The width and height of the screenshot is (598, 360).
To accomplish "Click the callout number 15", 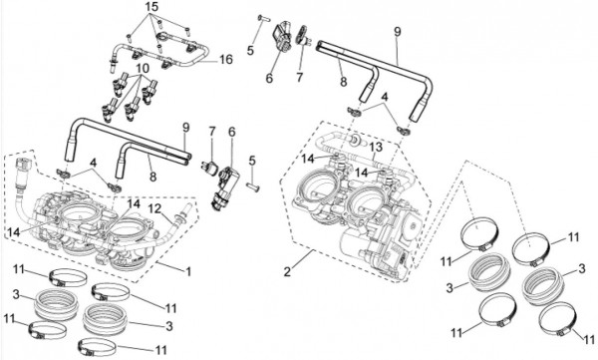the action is (x=151, y=7).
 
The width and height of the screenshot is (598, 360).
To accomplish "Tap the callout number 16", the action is (x=225, y=59).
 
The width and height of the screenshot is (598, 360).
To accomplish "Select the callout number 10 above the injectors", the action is (x=143, y=69).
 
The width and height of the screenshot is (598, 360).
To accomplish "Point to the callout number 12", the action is (x=155, y=208).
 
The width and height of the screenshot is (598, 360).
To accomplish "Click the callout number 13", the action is (x=375, y=147).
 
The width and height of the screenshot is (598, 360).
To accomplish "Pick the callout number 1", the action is (x=188, y=271).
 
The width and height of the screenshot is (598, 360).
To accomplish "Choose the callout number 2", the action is (x=287, y=271).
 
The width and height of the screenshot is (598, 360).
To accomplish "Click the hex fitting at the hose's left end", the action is (x=23, y=165).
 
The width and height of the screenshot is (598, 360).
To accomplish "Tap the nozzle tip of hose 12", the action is (x=187, y=208).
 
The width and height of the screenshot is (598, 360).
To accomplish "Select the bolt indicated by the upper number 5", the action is (x=263, y=17).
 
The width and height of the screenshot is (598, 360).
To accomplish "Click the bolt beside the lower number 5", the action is (x=252, y=186).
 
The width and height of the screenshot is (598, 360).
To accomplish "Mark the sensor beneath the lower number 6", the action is (x=226, y=187).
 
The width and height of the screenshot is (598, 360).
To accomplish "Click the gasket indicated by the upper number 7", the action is (x=302, y=35).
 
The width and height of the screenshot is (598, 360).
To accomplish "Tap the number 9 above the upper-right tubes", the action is (x=398, y=32).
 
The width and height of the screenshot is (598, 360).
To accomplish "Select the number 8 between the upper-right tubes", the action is (x=343, y=81).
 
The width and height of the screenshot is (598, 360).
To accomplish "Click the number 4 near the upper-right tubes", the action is (x=385, y=97).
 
